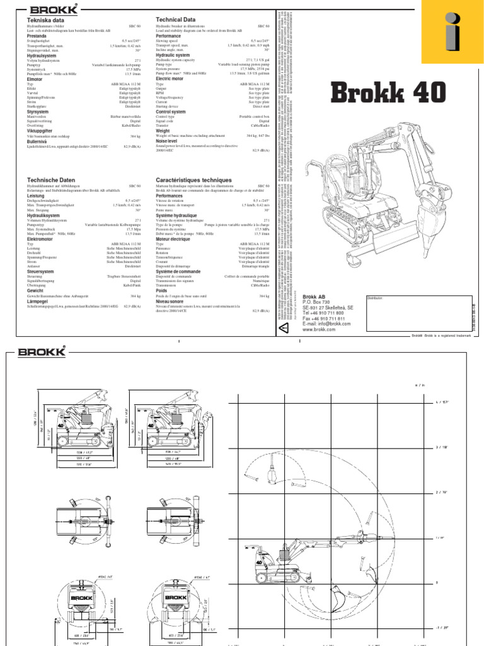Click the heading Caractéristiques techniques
194,180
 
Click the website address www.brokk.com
318,329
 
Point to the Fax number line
323,319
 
